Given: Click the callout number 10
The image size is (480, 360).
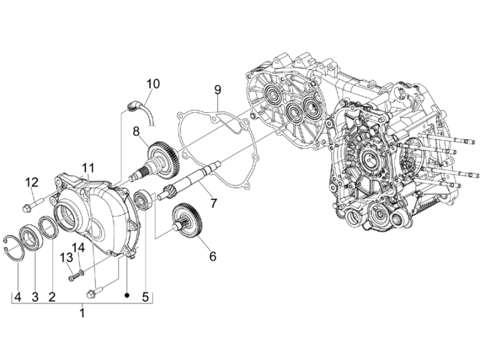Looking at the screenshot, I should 153,84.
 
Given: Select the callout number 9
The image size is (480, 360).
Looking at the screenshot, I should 218,90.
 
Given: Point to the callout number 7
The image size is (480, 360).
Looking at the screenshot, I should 213,203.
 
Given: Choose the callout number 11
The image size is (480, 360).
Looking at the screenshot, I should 89,168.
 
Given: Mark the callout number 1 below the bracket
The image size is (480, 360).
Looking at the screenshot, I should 82,313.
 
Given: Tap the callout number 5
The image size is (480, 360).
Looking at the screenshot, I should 144,295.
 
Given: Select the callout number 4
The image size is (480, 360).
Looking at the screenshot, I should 18,295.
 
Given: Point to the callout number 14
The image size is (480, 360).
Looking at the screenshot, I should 79,248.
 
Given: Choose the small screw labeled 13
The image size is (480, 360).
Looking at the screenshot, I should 72,276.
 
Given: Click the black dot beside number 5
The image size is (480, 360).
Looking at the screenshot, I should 126,295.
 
